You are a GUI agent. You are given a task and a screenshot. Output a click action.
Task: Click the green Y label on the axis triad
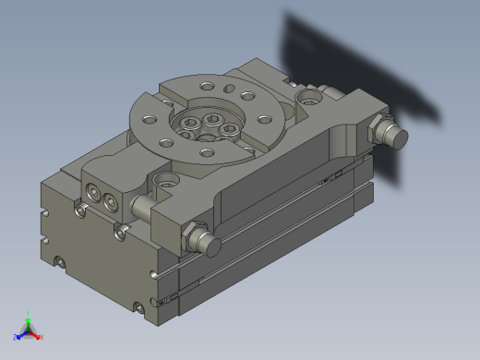point(29,313)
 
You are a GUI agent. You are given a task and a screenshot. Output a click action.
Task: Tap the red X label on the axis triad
point(42,337)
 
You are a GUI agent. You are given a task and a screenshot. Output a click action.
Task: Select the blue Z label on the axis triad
point(16,337)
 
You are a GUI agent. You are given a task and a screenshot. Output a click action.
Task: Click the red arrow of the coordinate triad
point(36,333)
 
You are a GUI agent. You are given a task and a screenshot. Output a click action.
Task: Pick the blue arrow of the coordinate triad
point(21,333)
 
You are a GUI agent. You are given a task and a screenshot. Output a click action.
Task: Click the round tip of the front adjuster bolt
point(213,246)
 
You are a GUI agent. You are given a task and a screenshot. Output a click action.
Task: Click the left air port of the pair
point(93,192)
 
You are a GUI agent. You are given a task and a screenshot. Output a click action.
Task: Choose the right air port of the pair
point(111,200)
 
